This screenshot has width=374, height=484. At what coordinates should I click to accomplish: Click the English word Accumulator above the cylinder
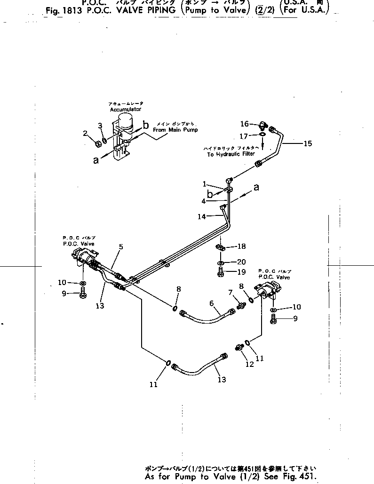tap(122, 109)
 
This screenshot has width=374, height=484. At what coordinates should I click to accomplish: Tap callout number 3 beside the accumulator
tap(100, 125)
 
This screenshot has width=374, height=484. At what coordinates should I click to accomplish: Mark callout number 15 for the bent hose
tap(308, 143)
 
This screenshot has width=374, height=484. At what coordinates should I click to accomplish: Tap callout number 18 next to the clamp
tap(242, 246)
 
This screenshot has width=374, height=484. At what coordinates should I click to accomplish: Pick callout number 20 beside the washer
tap(241, 262)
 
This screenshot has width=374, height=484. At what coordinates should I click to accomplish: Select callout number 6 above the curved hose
tap(212, 304)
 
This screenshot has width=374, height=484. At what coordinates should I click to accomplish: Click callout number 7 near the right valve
tap(231, 293)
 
